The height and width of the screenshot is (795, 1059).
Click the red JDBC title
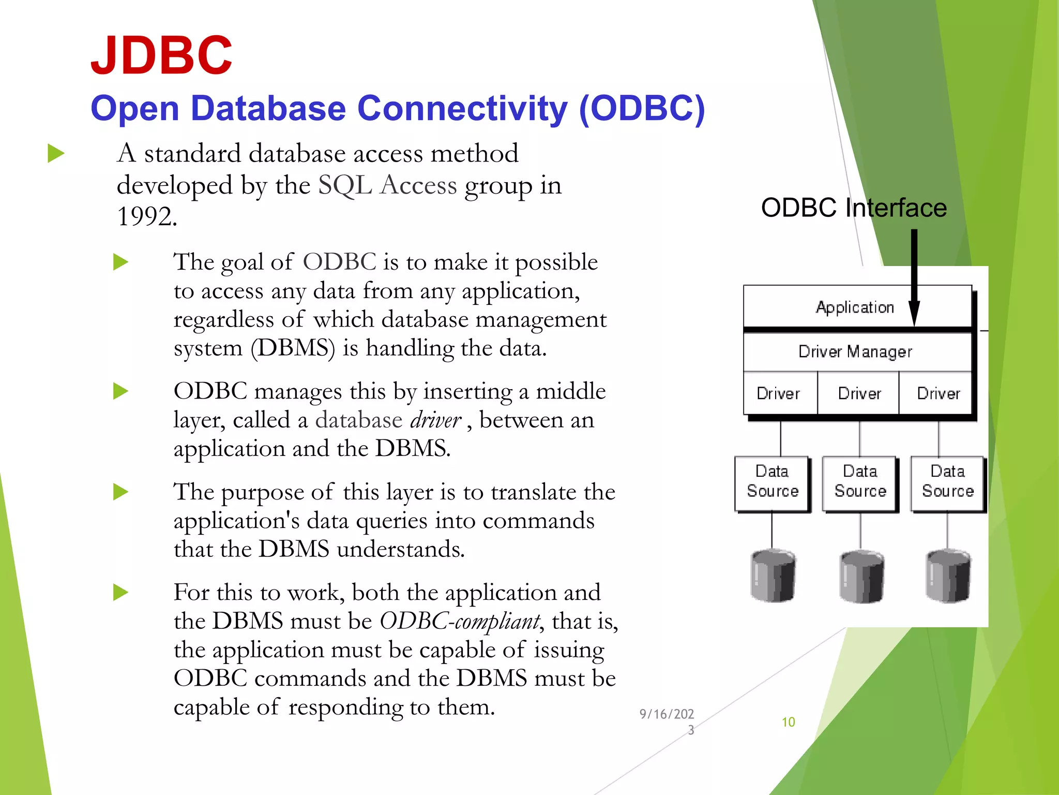click(161, 55)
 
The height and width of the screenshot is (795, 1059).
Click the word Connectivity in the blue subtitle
click(463, 109)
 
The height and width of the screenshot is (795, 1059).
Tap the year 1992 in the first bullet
click(146, 216)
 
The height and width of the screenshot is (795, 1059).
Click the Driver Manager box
click(855, 352)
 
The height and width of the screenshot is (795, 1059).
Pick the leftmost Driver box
click(779, 393)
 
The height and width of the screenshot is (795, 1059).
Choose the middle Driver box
click(859, 393)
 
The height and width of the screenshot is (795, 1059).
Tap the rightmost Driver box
click(938, 393)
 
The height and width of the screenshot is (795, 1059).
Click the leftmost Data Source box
click(772, 482)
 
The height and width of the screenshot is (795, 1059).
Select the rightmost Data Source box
click(947, 482)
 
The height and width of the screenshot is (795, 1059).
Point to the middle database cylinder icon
click(861, 576)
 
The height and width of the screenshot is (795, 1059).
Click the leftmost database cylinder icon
click(773, 576)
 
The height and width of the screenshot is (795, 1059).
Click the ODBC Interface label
click(854, 208)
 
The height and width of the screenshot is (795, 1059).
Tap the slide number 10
click(788, 722)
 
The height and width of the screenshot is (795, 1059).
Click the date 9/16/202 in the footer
click(667, 715)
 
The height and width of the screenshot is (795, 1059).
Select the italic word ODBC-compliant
click(460, 621)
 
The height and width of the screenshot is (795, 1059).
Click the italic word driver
click(435, 420)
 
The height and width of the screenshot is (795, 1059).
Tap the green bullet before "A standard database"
click(56, 154)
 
